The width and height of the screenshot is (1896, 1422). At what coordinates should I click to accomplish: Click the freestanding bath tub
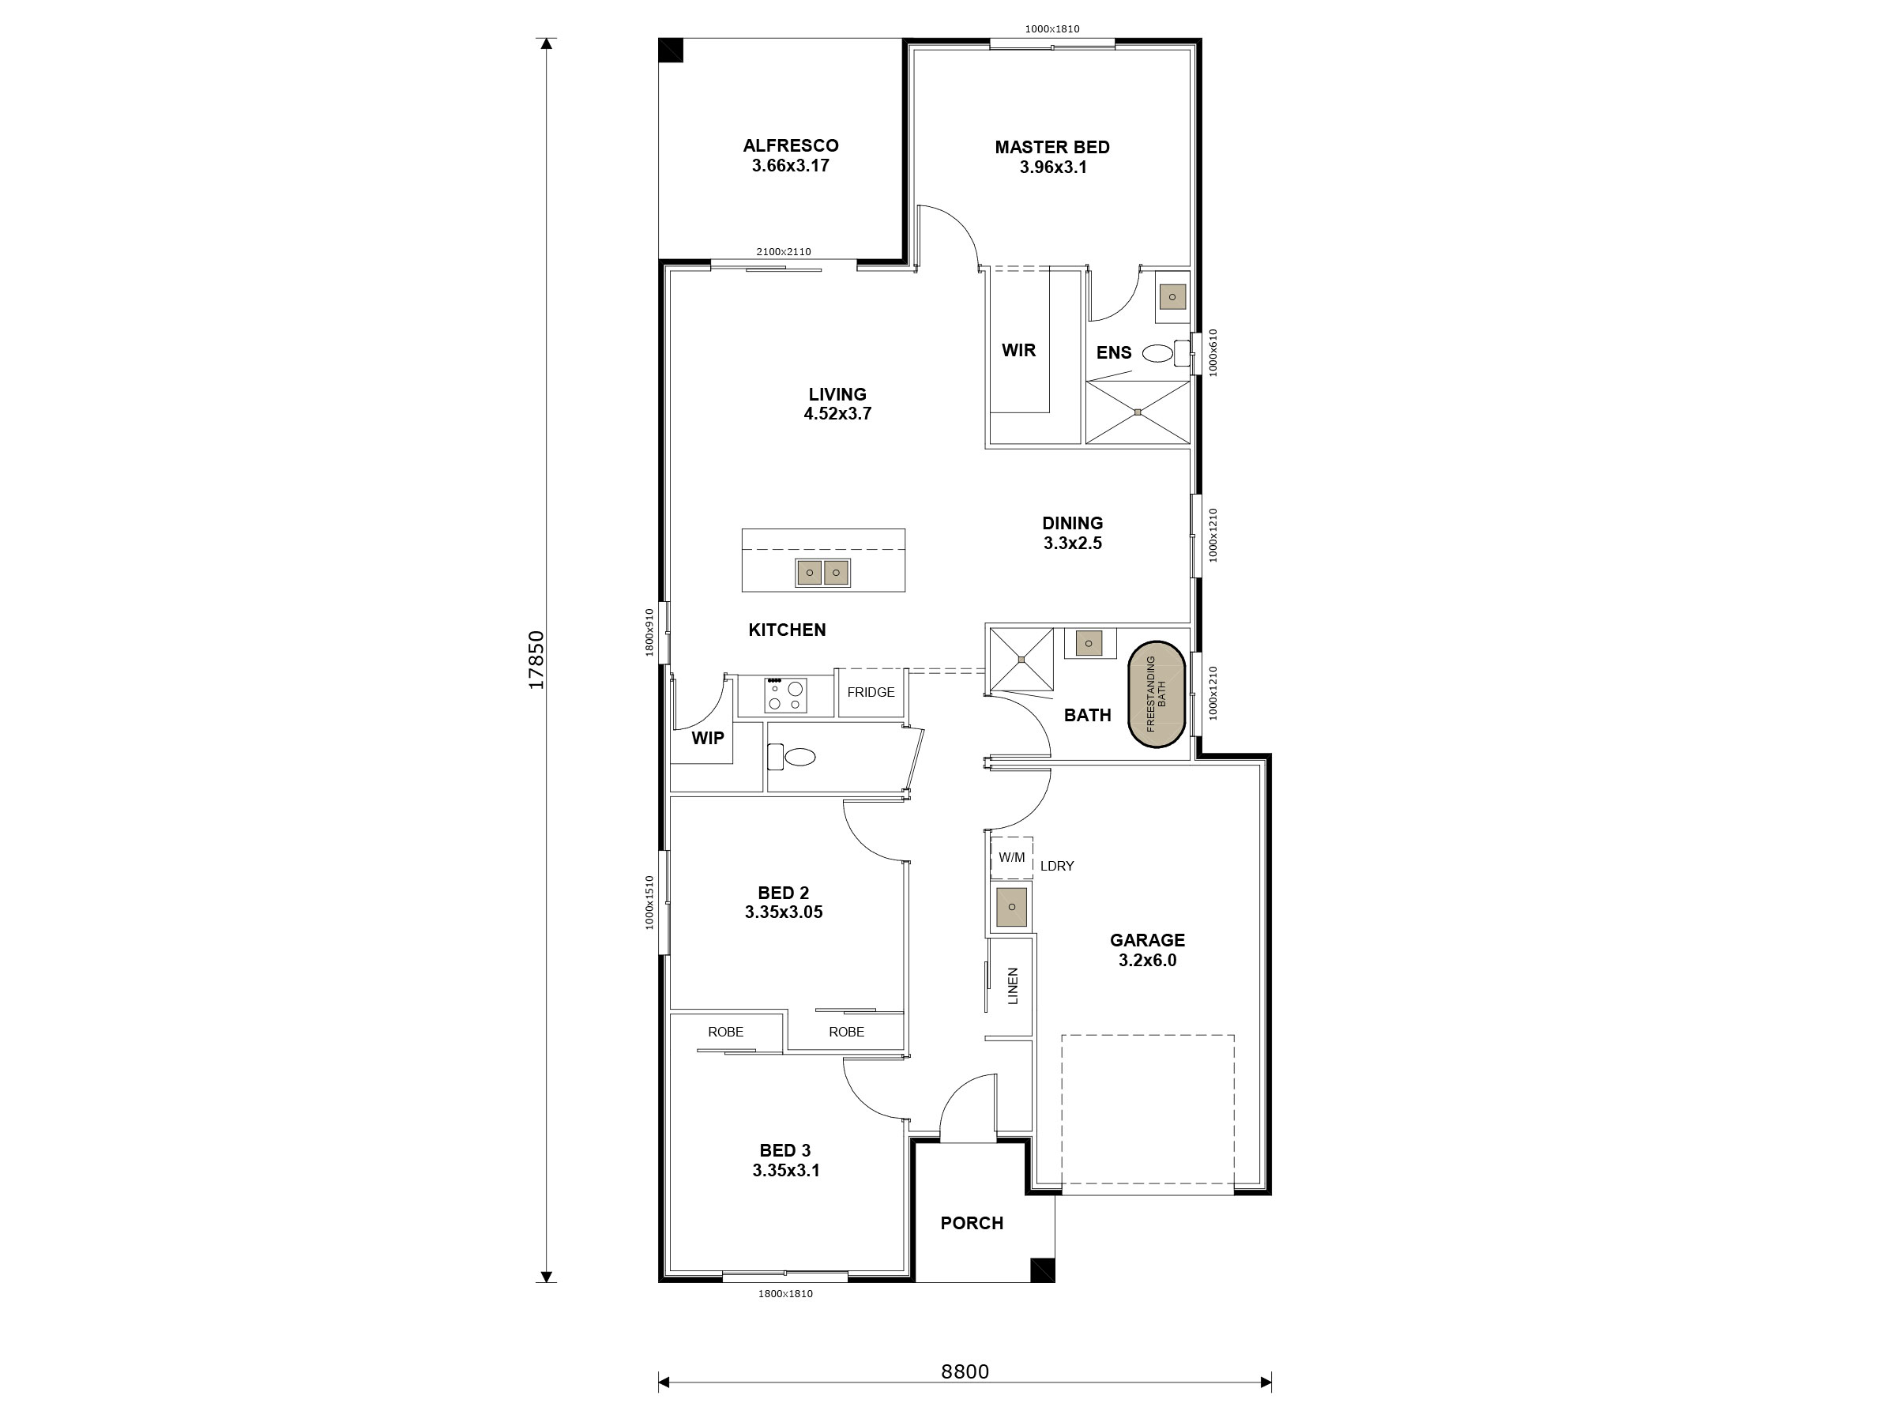tap(1157, 694)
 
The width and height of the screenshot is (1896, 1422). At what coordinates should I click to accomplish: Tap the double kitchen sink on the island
tap(822, 573)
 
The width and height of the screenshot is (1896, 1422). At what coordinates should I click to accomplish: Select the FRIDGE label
tap(870, 692)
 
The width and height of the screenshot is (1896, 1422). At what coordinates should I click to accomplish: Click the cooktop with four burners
tap(785, 695)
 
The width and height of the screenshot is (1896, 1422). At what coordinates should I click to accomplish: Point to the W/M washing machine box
tap(1011, 857)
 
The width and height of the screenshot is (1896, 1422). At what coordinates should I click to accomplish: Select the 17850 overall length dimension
tap(536, 660)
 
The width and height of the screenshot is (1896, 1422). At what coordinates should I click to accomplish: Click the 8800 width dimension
tap(965, 1371)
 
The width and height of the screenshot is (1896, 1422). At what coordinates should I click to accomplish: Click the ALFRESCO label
tap(790, 155)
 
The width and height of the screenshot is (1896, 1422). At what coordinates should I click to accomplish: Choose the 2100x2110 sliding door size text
tap(783, 252)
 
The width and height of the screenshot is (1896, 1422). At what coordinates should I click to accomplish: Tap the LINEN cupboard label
tap(1012, 986)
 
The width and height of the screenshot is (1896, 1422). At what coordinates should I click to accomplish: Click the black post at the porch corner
tap(1041, 1270)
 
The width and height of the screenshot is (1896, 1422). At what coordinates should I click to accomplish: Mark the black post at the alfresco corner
tap(670, 51)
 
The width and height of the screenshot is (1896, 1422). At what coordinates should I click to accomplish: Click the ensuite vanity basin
tap(1172, 297)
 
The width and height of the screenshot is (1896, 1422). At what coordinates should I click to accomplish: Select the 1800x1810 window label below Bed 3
tap(784, 1293)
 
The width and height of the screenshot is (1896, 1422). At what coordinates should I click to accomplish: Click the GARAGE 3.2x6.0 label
tap(1147, 950)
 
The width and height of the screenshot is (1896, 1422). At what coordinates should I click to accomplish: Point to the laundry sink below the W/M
tap(1011, 907)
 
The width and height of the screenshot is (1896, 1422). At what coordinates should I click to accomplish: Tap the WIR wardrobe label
tap(1018, 350)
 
